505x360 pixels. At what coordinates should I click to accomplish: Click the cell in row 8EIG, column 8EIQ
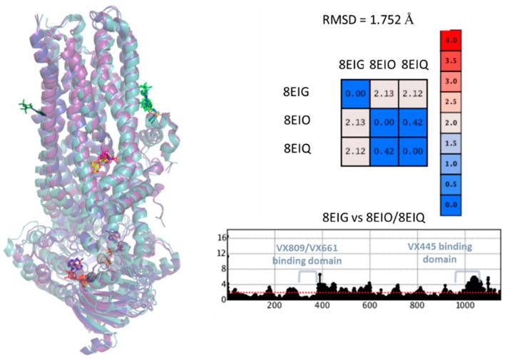point(412,92)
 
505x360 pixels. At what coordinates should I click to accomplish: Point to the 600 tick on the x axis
point(369,305)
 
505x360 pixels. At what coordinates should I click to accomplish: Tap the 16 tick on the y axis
point(221,237)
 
